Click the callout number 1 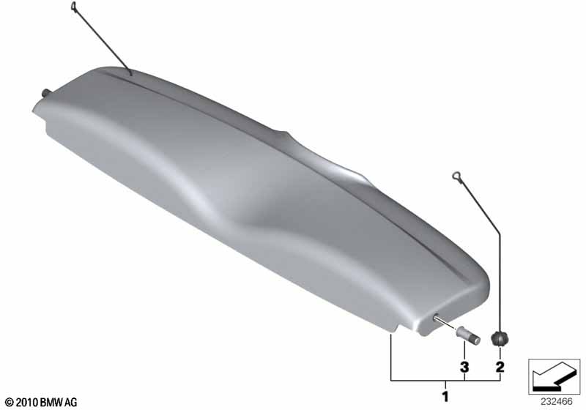(445, 396)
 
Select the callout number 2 (500, 367)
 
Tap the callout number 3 (464, 367)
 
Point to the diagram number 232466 (556, 402)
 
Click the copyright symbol (10, 403)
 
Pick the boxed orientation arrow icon (555, 376)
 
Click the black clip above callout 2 (500, 339)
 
